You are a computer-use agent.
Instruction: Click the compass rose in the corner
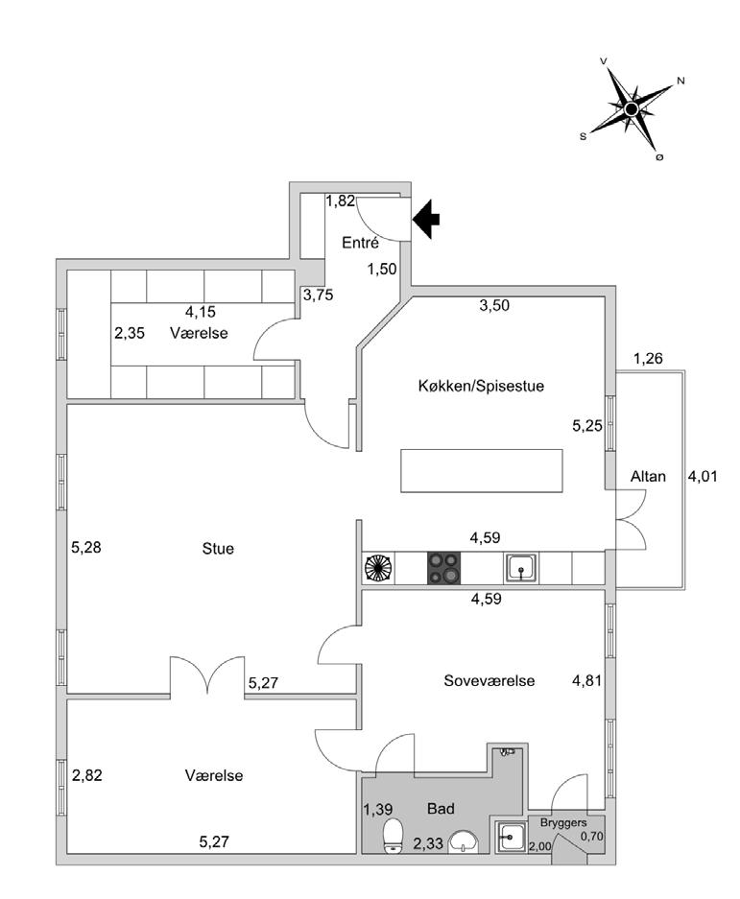pos(632,110)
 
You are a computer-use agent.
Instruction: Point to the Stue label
pos(219,549)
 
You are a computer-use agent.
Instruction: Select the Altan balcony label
pos(648,477)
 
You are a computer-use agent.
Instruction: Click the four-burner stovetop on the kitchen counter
pos(442,567)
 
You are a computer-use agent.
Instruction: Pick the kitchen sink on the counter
pos(521,568)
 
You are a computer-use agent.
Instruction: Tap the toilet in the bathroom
pos(393,835)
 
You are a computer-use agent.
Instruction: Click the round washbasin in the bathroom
pos(465,842)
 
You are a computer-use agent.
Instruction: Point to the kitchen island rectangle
pos(482,472)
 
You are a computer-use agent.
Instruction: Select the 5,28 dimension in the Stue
pos(86,549)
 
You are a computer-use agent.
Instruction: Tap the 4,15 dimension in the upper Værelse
pos(200,311)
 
